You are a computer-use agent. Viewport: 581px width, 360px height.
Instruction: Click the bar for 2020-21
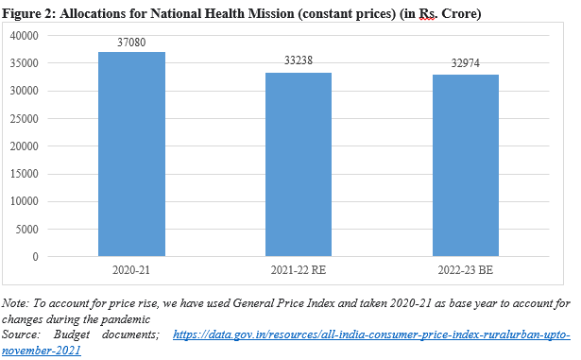click(131, 154)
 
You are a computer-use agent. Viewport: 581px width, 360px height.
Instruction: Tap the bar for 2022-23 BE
click(466, 165)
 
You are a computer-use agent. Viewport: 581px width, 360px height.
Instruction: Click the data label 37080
click(131, 43)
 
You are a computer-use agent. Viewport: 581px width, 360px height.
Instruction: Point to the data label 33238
click(299, 60)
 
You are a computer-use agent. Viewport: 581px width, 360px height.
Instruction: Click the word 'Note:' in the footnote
click(16, 304)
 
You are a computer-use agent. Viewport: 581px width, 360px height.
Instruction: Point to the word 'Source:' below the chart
click(23, 335)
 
